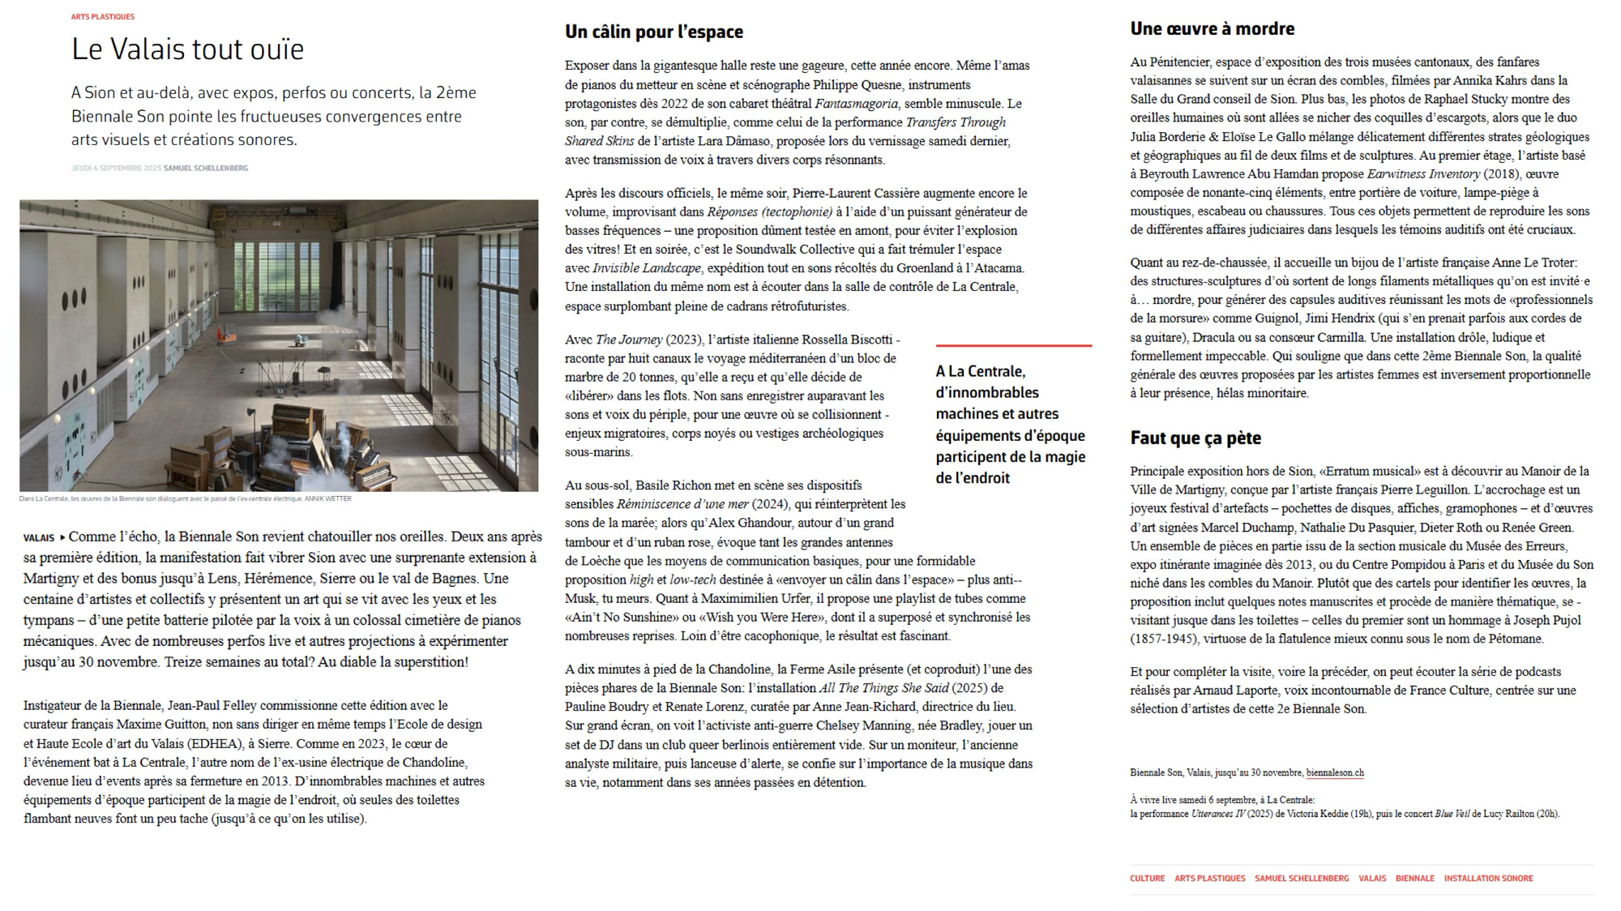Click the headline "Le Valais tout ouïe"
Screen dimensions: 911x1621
point(187,49)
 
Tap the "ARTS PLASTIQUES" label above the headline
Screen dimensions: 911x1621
point(103,17)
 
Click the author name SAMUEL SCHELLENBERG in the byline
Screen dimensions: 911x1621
point(206,169)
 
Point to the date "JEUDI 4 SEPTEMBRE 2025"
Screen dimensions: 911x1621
point(116,169)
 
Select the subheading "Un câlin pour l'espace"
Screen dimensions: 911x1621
point(653,32)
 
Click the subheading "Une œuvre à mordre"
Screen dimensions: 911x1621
point(1212,29)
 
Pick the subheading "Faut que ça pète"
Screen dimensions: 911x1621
point(1195,438)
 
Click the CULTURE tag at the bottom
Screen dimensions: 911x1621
point(1147,879)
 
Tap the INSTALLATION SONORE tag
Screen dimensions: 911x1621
point(1488,879)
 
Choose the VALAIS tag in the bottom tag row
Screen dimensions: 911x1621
point(1372,879)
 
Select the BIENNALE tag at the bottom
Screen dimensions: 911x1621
point(1414,879)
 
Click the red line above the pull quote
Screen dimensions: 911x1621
point(1013,346)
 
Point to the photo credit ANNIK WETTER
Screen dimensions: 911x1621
point(327,499)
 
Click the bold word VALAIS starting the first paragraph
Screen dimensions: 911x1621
point(39,538)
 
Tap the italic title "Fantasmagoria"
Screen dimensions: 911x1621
point(856,104)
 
